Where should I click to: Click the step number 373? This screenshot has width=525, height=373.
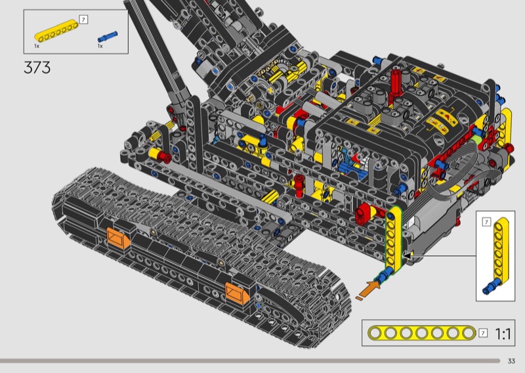pos(37,68)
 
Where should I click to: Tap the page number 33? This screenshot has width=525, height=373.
pos(511,361)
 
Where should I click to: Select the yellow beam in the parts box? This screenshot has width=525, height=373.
pos(56,31)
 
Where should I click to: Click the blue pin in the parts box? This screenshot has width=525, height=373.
pos(108,36)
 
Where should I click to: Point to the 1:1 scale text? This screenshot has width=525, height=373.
pos(503,334)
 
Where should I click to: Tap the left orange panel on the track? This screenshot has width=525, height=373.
pos(118,238)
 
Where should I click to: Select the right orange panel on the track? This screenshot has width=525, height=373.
pos(237,294)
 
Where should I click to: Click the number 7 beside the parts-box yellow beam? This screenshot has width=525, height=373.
pos(83,20)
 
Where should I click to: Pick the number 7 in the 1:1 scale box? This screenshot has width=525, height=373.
pos(483,333)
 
